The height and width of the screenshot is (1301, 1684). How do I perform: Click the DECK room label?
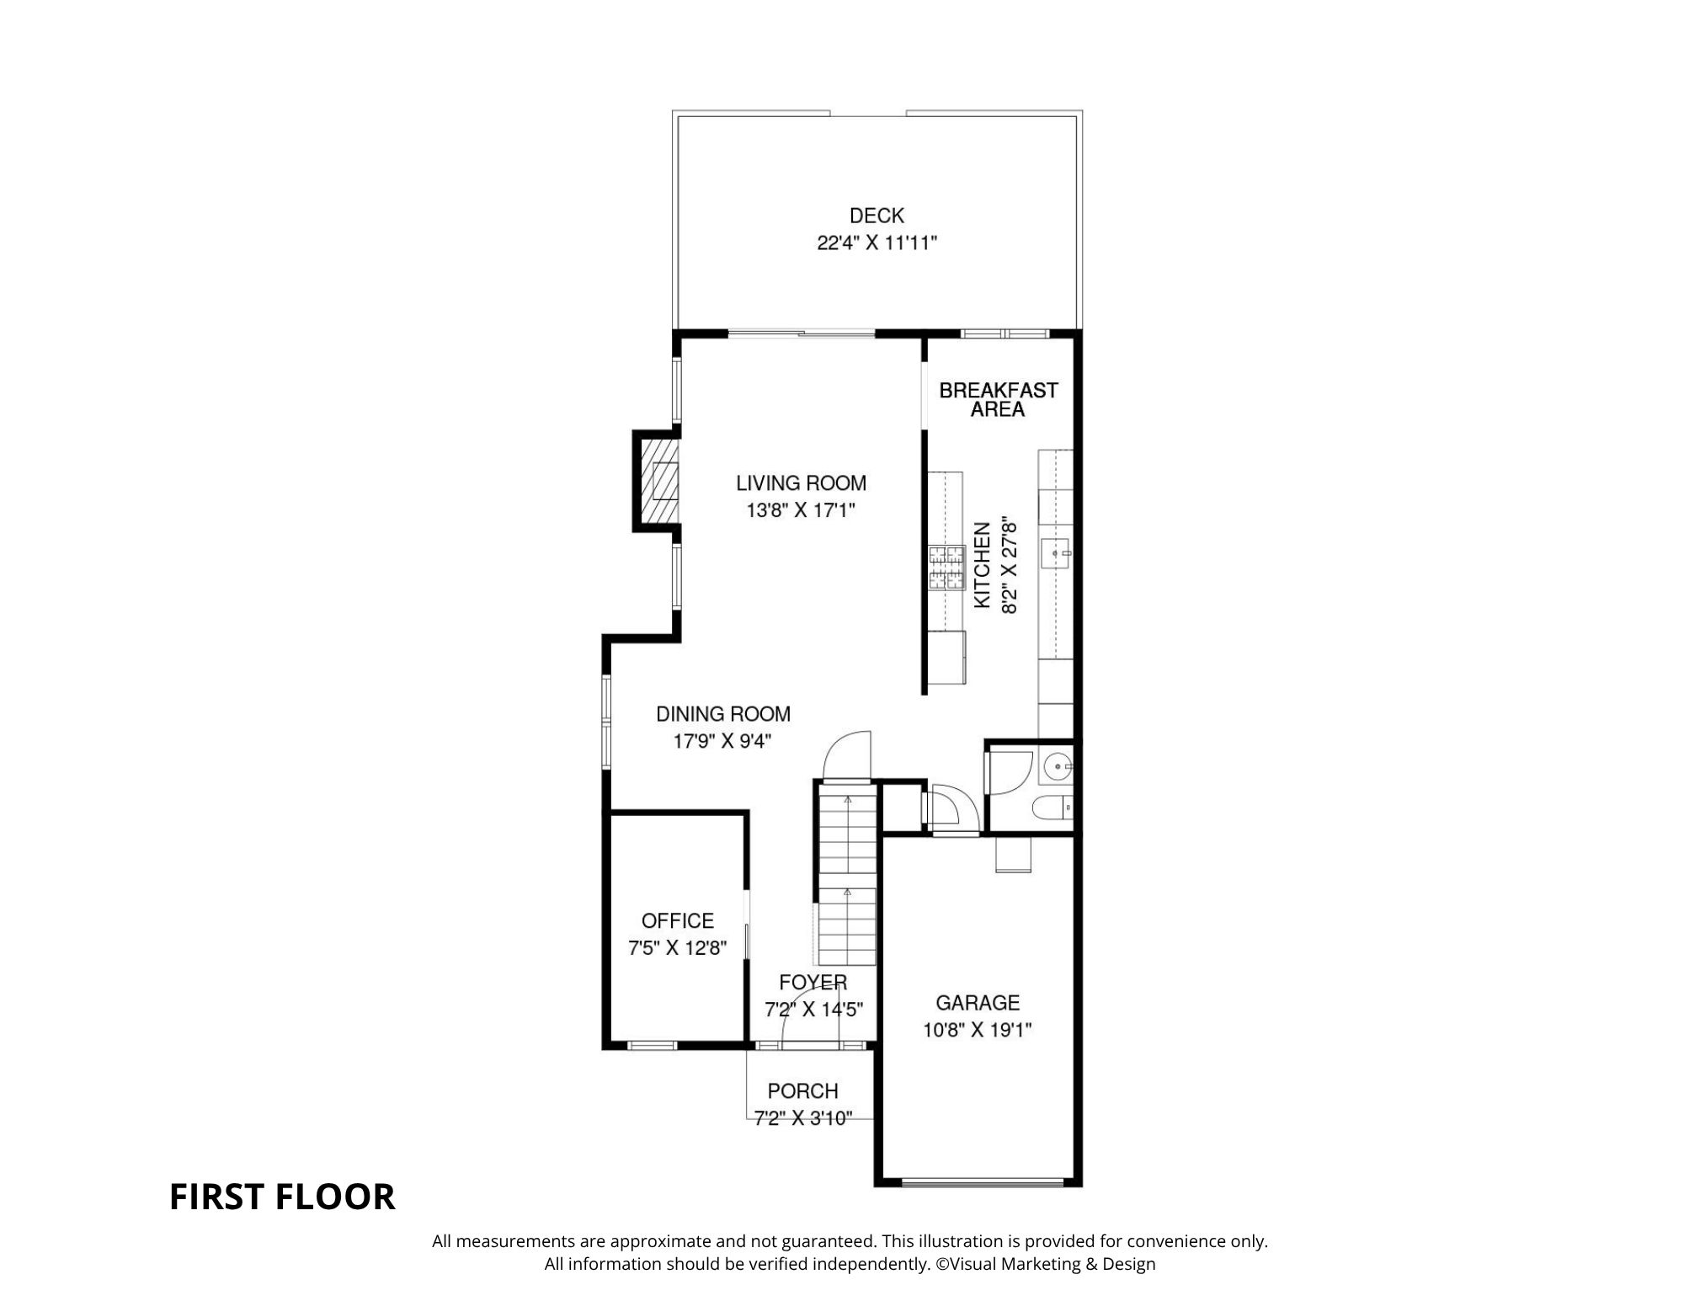877,216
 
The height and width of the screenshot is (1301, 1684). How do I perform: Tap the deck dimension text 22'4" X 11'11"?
877,243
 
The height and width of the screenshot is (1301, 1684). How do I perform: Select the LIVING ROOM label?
801,483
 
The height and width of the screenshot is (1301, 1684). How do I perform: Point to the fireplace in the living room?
658,481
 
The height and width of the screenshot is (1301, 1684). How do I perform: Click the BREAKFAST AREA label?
998,400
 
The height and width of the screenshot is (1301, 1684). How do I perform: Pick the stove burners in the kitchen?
946,568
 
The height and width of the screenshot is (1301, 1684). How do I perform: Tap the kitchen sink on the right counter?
1056,553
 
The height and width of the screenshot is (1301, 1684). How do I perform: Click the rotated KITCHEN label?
982,566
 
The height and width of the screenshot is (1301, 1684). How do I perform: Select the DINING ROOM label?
723,714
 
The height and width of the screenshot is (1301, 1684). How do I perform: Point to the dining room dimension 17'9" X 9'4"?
722,742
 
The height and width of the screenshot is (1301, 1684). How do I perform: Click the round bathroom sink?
1057,767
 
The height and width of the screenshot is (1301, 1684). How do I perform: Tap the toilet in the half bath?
1052,808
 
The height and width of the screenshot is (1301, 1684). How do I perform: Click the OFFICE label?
678,920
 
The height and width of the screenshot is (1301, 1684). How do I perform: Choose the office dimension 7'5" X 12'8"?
678,948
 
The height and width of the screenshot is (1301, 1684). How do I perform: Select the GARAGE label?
978,1002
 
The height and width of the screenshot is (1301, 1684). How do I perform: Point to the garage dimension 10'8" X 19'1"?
978,1030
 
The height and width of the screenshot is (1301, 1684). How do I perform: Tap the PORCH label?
802,1090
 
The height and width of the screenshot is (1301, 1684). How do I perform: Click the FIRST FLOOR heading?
282,1197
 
